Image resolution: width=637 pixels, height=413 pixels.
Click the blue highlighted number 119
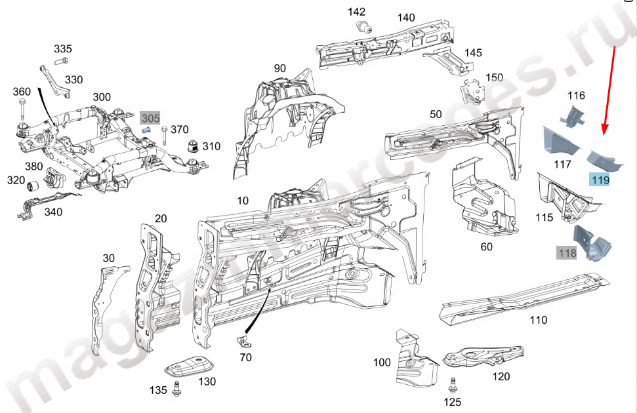click(599, 180)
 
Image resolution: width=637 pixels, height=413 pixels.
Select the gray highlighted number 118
click(566, 252)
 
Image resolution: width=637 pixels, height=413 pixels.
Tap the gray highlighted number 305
click(150, 118)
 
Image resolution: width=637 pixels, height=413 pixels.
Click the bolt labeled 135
click(176, 389)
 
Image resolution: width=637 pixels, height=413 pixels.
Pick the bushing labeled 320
click(37, 182)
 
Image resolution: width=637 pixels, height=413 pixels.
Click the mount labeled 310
click(193, 146)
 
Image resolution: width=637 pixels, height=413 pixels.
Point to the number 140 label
click(406, 18)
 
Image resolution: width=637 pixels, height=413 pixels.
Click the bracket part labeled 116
click(572, 117)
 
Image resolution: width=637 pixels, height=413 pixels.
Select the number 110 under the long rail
click(538, 321)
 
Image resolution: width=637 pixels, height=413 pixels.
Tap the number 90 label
click(280, 68)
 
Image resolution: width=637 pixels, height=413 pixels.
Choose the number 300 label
click(102, 97)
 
